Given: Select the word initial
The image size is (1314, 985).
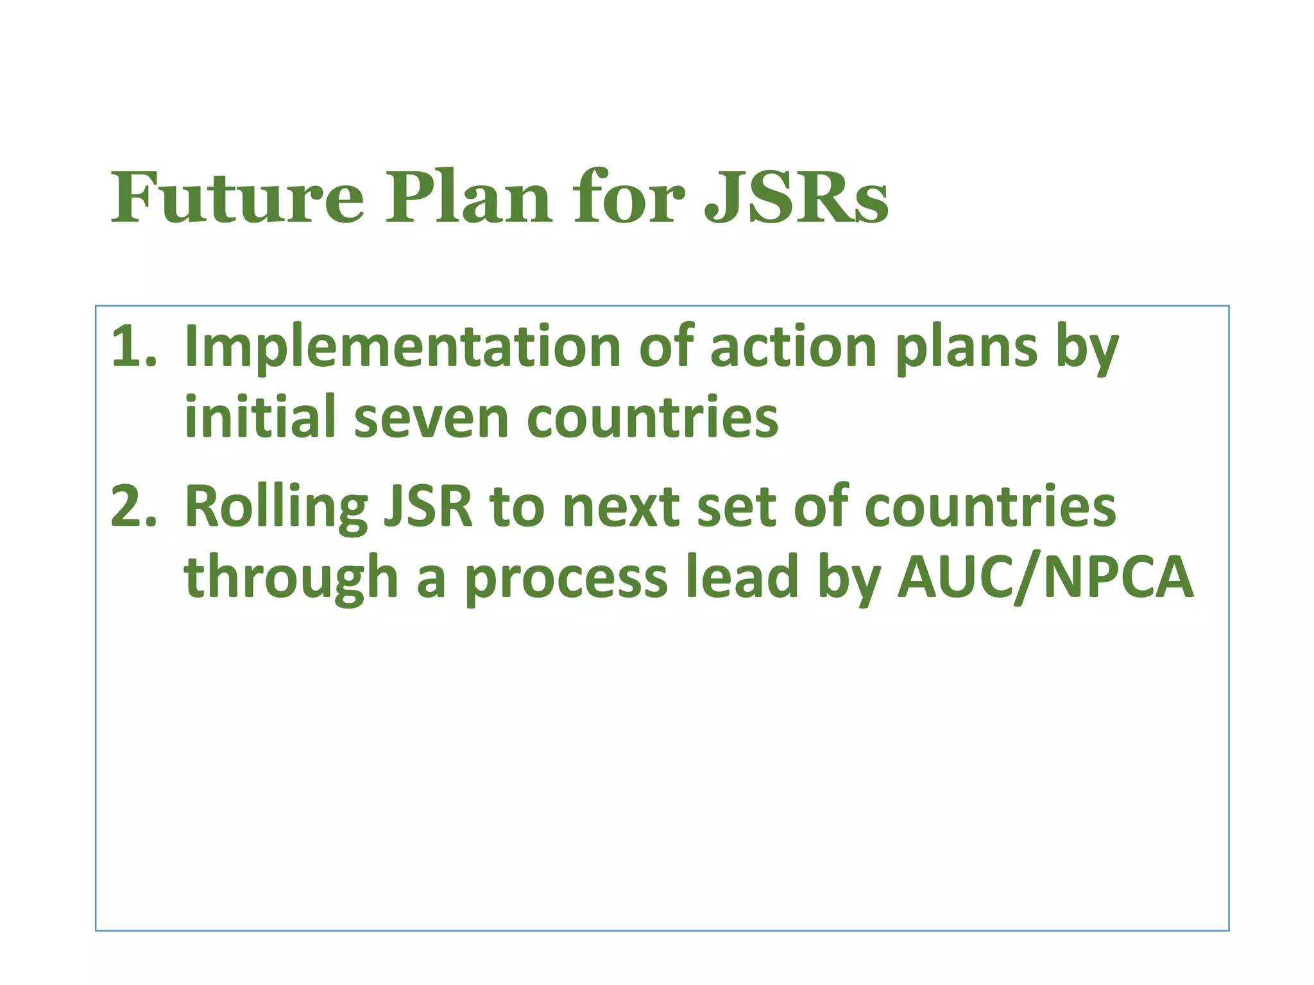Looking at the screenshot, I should (x=260, y=417).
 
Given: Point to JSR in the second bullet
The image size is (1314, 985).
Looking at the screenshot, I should (x=427, y=507).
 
